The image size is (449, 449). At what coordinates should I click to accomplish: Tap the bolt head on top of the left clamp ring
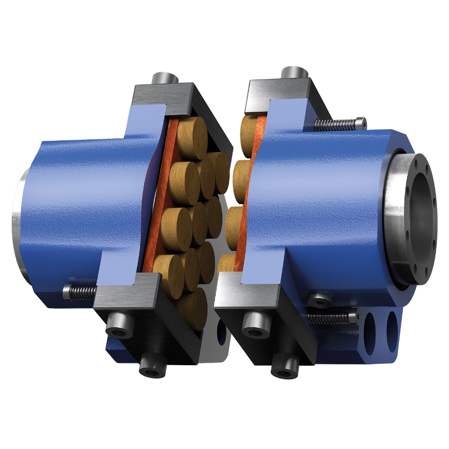[163, 78]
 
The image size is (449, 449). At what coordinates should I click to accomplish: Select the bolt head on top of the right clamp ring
[294, 72]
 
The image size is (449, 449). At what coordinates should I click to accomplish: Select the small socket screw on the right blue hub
[320, 300]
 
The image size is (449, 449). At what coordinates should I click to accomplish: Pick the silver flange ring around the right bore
[398, 220]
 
